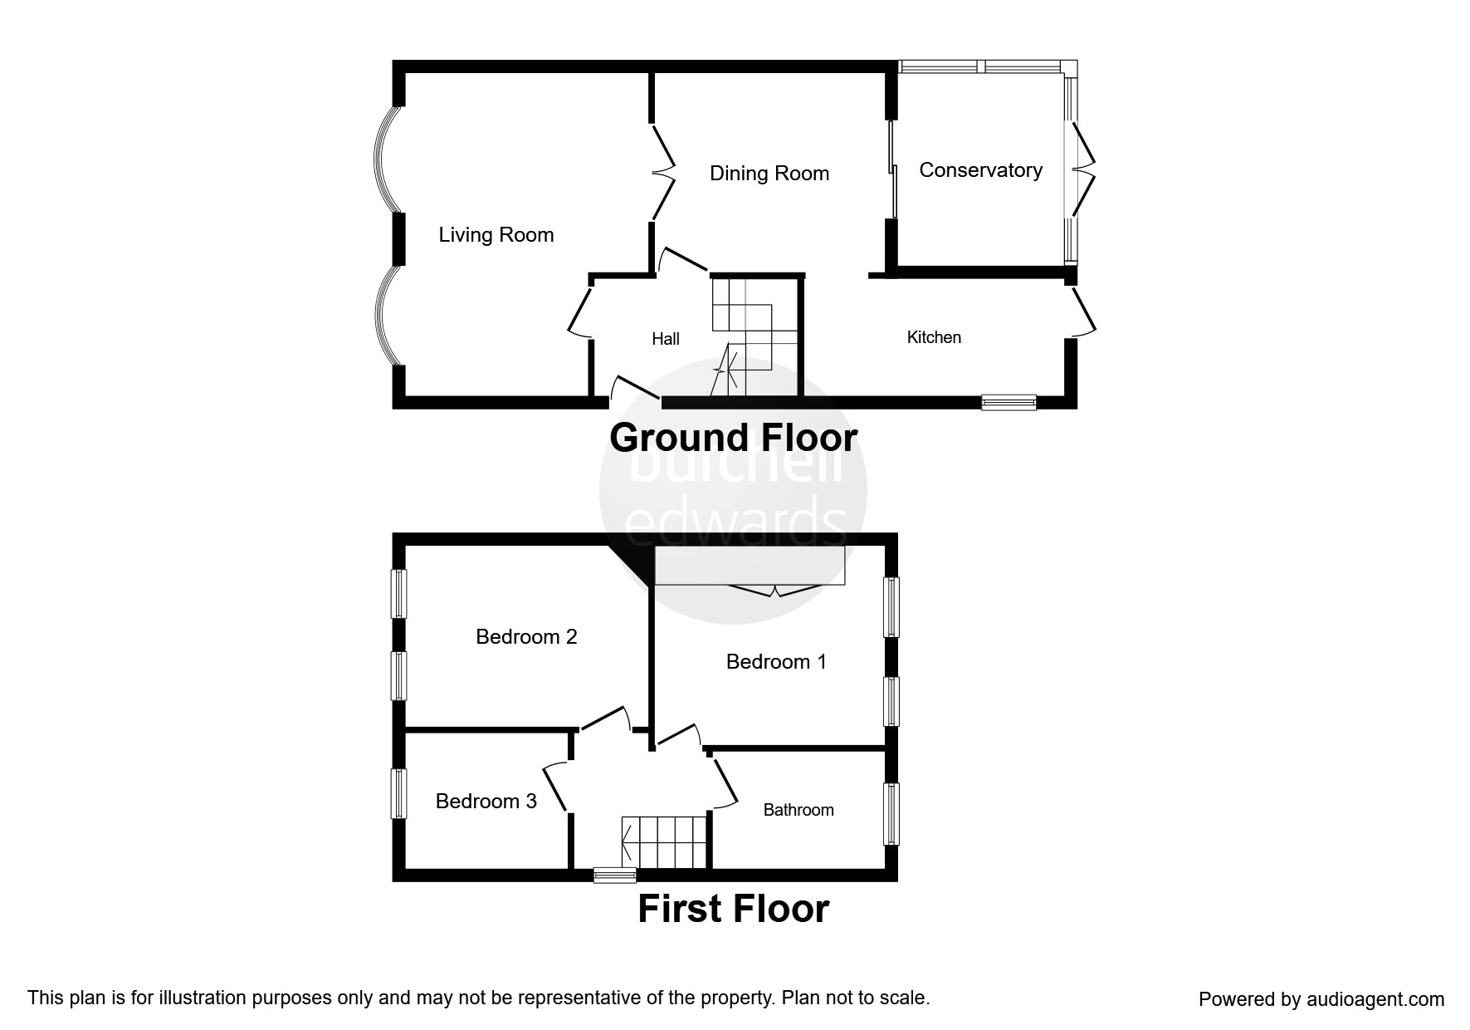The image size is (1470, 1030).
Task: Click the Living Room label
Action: (496, 235)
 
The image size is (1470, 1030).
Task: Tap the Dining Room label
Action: (769, 174)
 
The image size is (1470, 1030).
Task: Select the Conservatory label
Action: (980, 170)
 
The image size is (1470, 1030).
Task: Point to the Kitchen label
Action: (934, 337)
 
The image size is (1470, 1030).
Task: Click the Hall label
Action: (666, 339)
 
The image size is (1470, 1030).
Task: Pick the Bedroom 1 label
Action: (776, 662)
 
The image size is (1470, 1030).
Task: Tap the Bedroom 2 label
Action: (526, 637)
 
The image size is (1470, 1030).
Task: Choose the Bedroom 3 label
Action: (486, 802)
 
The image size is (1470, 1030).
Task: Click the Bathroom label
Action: (798, 810)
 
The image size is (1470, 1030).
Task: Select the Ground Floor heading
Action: (733, 438)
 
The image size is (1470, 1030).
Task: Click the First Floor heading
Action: (733, 909)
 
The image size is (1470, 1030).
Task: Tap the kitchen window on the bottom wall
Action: (1008, 402)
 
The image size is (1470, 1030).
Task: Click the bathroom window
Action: (891, 814)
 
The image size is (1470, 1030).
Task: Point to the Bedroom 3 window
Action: (399, 794)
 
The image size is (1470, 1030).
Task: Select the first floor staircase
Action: (664, 842)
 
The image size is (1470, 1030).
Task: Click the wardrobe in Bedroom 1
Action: (750, 565)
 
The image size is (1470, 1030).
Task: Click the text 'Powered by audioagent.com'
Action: (1321, 999)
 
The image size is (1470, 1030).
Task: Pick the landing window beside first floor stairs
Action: (615, 875)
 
